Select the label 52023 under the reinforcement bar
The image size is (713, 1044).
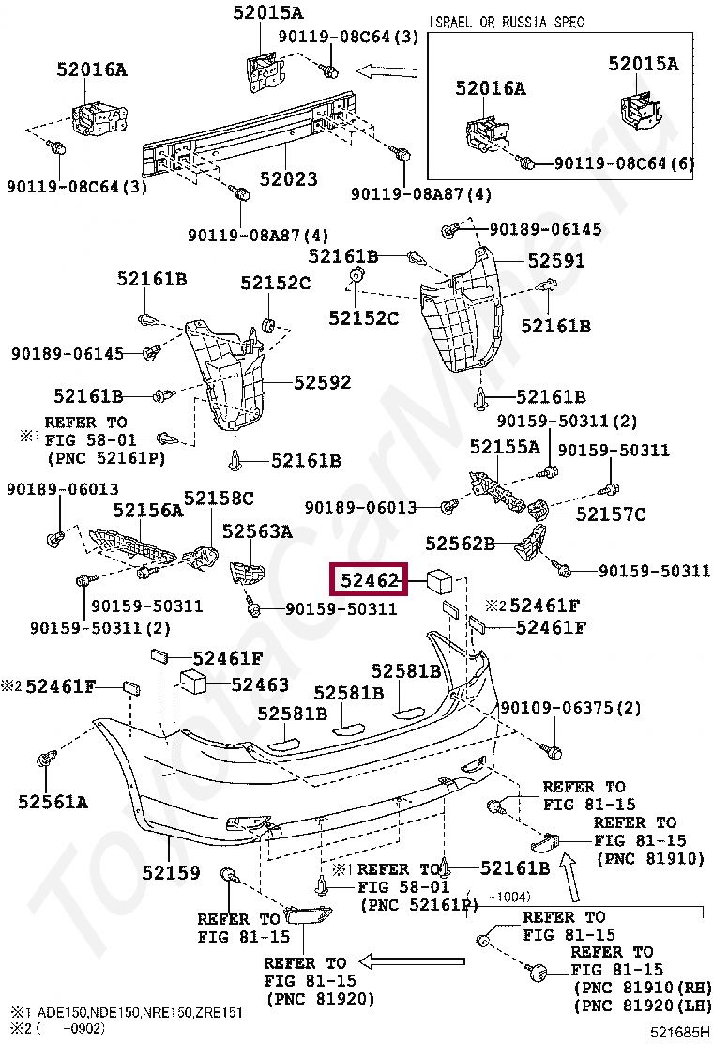pos(288,178)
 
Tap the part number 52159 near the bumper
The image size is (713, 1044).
pos(171,872)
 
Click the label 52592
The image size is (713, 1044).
pos(322,382)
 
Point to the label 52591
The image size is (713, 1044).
pos(555,261)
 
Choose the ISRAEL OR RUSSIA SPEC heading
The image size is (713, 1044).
pos(507,22)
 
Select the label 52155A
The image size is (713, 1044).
pos(505,446)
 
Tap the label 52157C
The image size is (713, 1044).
pos(611,514)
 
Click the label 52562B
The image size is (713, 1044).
pos(460,543)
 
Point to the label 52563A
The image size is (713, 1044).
pos(257,531)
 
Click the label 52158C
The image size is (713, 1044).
pos(218,499)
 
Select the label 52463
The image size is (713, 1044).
pos(260,684)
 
